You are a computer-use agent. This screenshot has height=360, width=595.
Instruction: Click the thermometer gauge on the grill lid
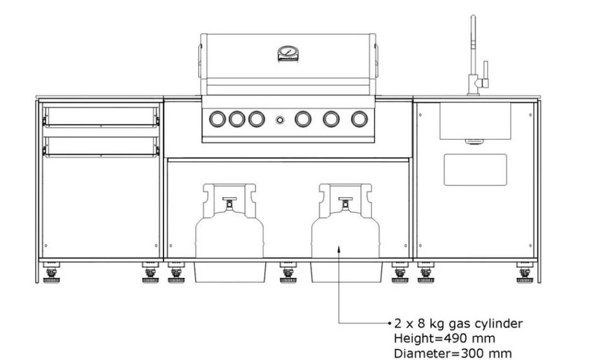(288, 54)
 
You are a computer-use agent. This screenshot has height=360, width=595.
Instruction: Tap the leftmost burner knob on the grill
(217, 119)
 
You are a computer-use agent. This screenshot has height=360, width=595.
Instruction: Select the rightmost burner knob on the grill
(359, 119)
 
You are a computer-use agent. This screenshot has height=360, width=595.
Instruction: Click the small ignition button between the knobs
(279, 120)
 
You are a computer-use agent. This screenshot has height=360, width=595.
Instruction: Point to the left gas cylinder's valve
(229, 203)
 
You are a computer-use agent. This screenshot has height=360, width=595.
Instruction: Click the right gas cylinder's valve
(345, 203)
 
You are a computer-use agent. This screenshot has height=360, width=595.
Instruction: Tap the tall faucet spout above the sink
(473, 53)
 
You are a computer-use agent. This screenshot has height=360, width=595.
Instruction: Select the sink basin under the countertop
(475, 121)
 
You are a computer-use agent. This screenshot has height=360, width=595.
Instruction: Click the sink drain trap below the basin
(474, 142)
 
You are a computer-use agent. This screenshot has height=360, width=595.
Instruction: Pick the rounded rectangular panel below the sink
(475, 169)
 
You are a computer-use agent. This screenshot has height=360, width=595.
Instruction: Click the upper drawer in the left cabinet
(100, 116)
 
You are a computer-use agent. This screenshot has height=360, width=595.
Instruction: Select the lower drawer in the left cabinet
(100, 147)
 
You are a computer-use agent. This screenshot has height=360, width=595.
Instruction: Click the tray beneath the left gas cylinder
(230, 271)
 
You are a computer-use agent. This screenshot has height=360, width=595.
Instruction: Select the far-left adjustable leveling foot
(51, 275)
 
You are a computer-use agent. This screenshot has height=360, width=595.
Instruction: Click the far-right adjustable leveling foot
(525, 275)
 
